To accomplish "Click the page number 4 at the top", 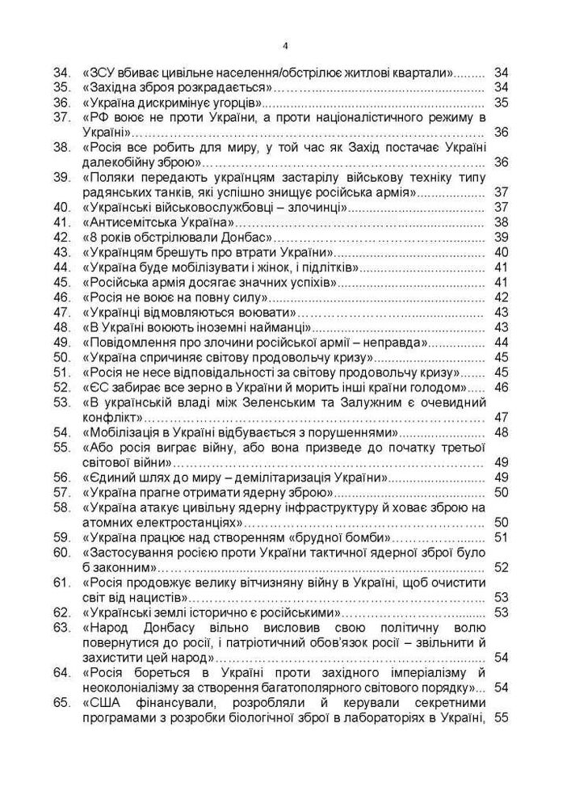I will [286, 44].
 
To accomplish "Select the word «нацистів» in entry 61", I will [162, 597].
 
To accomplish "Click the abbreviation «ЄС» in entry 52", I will [95, 386].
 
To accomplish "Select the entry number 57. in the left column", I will [62, 491].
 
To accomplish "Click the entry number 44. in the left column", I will [62, 267].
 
